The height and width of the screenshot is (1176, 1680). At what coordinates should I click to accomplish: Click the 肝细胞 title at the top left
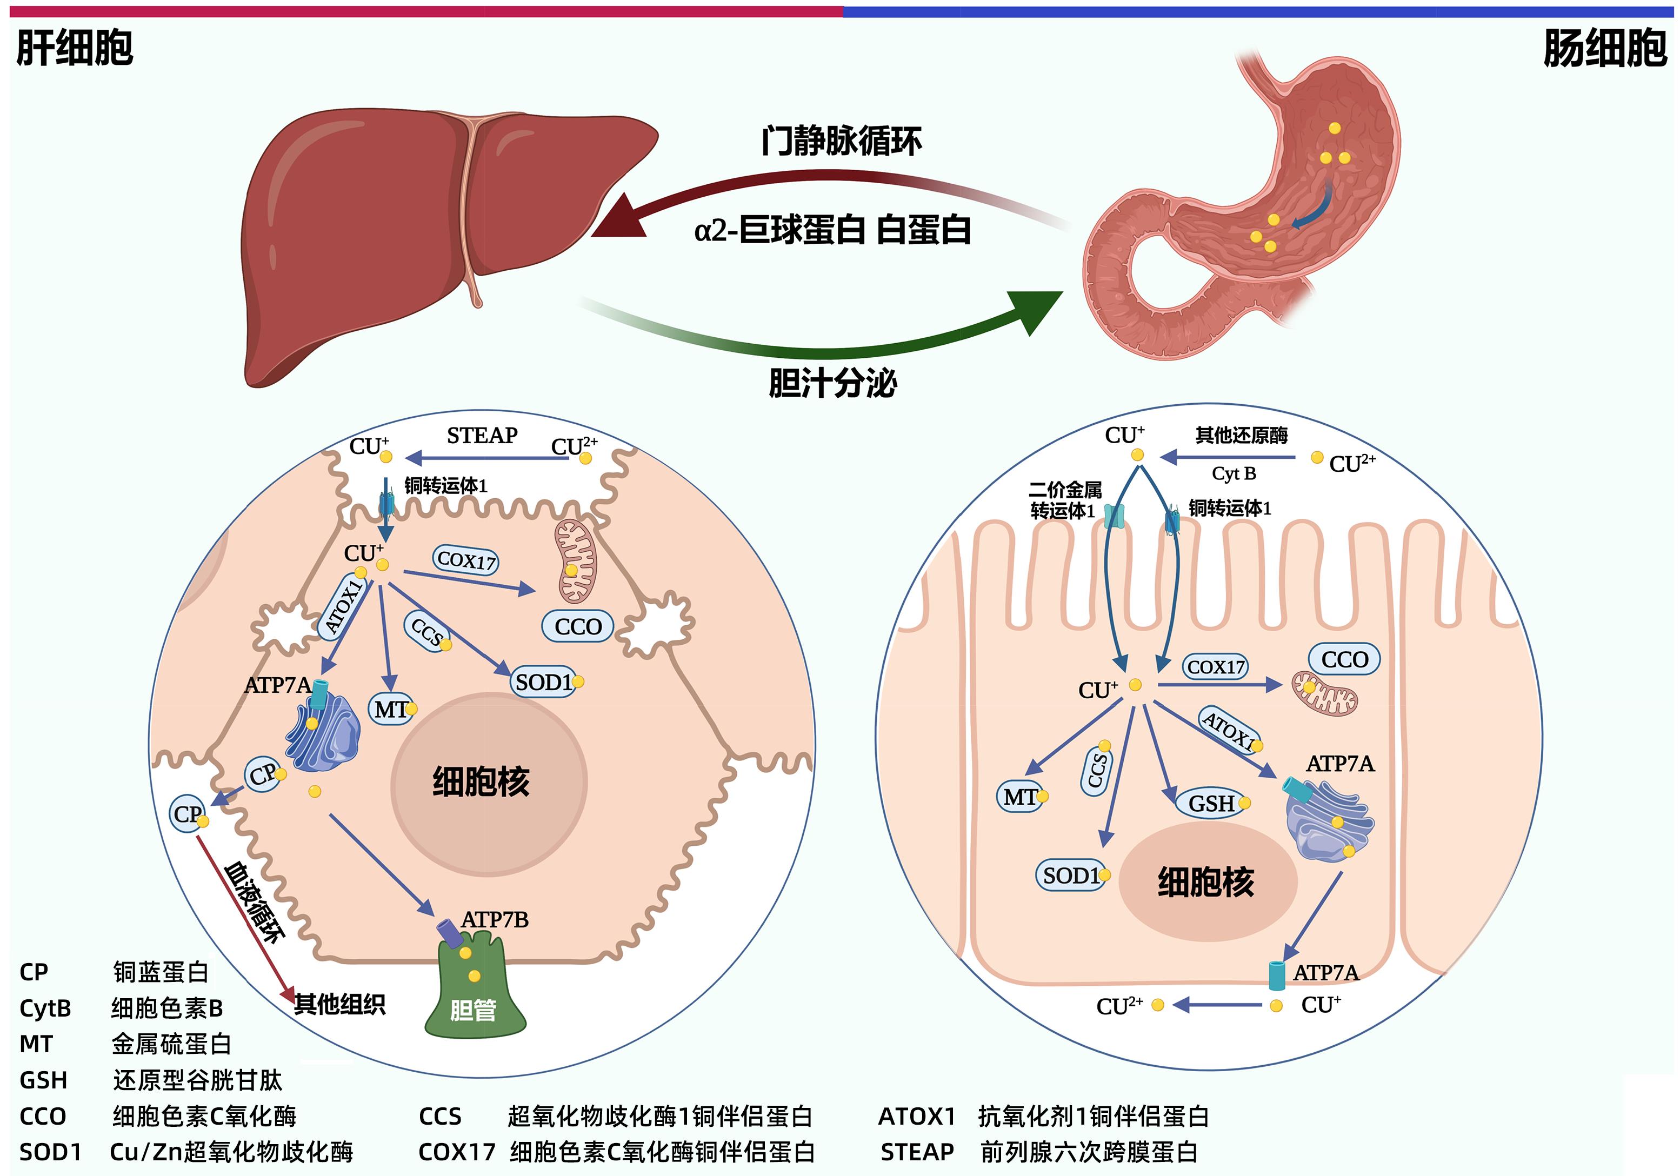75,48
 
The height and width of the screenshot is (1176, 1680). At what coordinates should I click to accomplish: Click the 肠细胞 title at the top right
1605,48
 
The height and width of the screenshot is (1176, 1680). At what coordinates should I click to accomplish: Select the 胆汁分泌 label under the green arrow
832,383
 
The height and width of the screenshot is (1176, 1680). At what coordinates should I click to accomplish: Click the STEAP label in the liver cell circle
482,436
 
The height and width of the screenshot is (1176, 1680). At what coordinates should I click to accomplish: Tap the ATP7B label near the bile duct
495,919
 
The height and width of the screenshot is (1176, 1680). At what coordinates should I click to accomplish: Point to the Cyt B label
1234,473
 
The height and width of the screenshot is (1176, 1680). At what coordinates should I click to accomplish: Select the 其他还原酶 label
1241,436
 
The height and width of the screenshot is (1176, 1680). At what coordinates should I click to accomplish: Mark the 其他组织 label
339,1004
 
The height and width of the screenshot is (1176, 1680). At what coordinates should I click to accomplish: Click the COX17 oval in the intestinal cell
1215,667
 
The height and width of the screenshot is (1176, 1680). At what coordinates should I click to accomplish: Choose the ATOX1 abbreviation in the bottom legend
916,1116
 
